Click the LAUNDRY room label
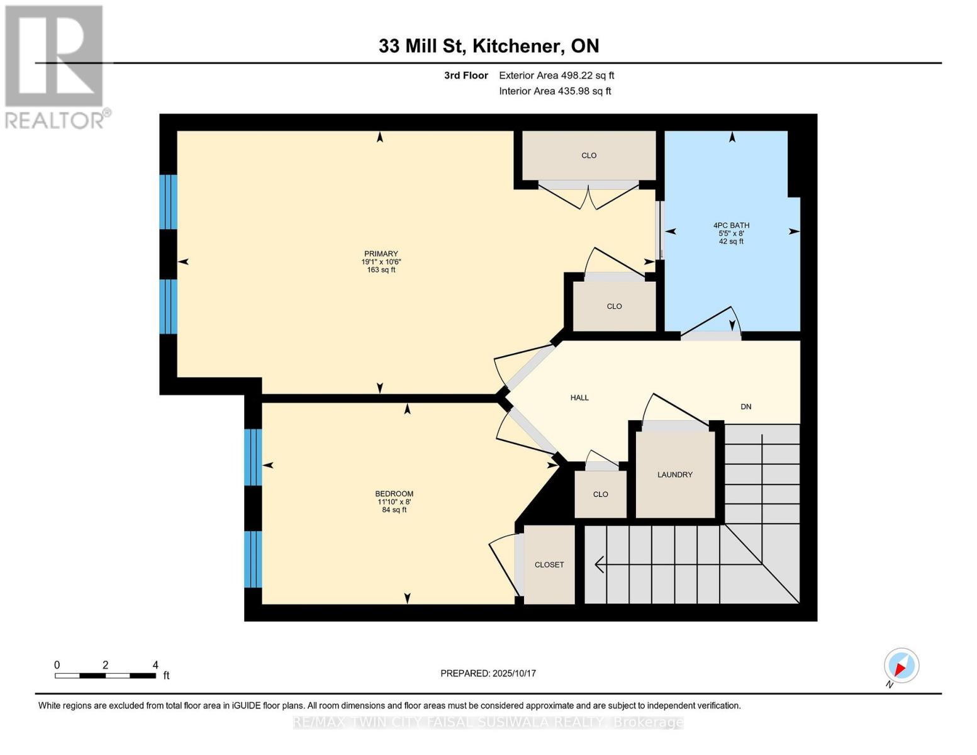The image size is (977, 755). point(674,474)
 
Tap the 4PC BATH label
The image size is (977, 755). point(731,225)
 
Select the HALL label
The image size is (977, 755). point(579,398)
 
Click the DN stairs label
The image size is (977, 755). point(746,406)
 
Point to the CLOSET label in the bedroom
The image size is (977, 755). point(549,564)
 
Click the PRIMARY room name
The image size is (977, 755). point(381,254)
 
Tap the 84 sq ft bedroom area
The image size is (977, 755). point(394,510)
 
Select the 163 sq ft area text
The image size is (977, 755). point(381,270)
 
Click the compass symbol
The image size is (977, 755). point(901,666)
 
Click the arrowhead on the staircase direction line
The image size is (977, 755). point(599,564)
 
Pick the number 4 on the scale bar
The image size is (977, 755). point(155,665)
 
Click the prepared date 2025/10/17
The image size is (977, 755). point(514,673)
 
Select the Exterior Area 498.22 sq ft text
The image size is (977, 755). point(556,75)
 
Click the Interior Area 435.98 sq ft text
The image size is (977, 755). point(555,91)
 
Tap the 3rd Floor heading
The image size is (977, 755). point(466,75)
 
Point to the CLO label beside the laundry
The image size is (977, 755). point(600,494)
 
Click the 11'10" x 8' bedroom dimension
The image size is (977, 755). point(394,502)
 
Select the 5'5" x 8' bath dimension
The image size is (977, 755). point(731,233)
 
